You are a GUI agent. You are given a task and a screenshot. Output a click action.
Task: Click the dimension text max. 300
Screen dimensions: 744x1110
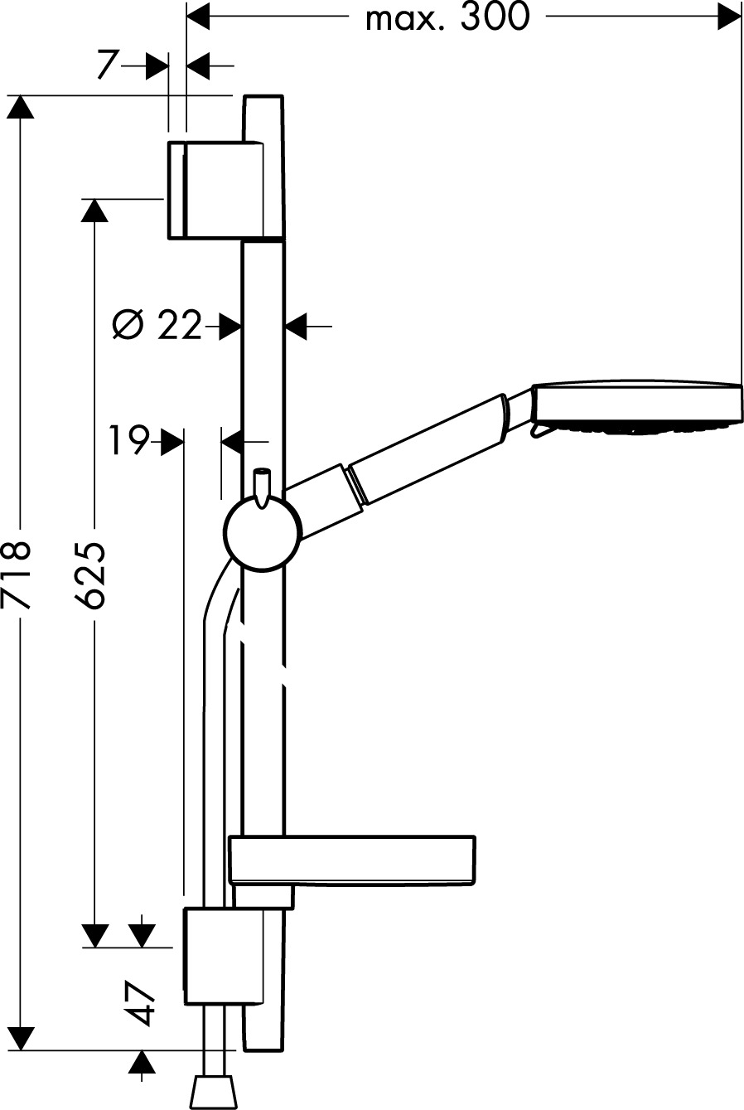[x=447, y=17]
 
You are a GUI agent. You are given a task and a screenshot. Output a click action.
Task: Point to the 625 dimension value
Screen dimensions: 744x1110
[x=90, y=574]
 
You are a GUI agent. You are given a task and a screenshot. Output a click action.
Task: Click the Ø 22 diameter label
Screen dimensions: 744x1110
[x=157, y=325]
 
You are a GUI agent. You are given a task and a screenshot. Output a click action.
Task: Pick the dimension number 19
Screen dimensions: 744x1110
[x=129, y=440]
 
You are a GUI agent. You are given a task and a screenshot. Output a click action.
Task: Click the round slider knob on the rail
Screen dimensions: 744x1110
[x=263, y=533]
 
